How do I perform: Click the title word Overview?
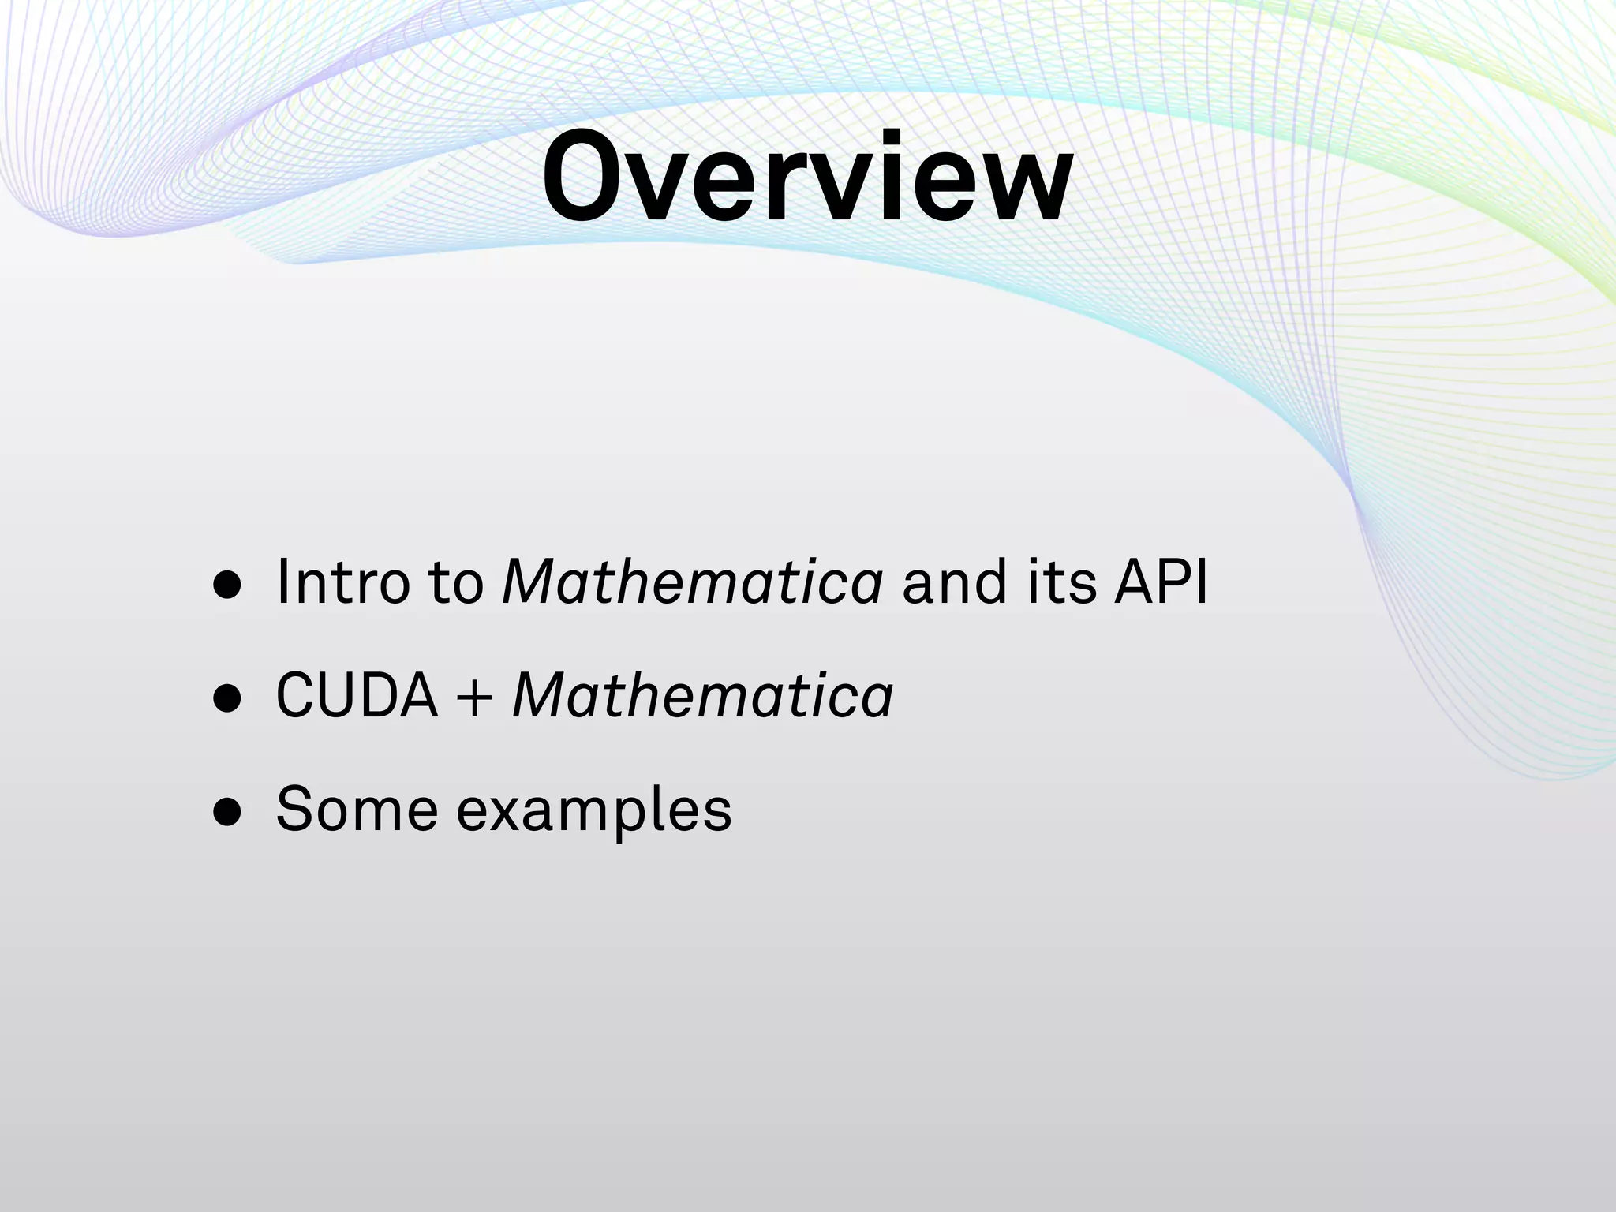click(x=806, y=177)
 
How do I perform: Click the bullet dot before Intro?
click(x=227, y=586)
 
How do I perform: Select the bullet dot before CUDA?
click(x=227, y=698)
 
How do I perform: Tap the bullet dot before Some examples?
click(x=227, y=813)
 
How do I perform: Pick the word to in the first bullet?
click(x=455, y=584)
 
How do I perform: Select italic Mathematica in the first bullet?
click(x=692, y=582)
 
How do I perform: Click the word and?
click(x=954, y=582)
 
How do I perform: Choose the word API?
click(x=1160, y=582)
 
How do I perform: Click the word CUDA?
click(x=357, y=695)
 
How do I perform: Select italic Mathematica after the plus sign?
click(x=702, y=695)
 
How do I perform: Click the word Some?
click(x=357, y=810)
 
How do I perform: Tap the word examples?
click(x=594, y=813)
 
